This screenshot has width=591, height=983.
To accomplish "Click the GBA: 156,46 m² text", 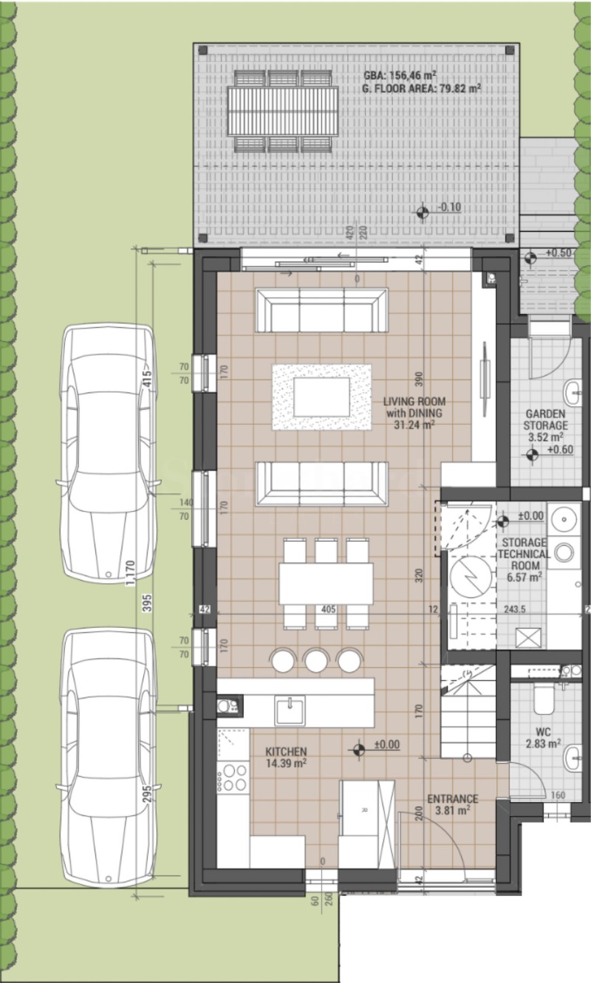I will pos(400,75).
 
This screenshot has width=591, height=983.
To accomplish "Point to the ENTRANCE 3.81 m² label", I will pos(452,804).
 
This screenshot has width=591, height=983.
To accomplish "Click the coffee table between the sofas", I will pos(321,397).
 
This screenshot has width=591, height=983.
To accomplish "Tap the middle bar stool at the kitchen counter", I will pos(316,660).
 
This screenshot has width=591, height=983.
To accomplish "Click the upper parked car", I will pos(108,451).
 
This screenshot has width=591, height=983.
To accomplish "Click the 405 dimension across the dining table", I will pos(329,610).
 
